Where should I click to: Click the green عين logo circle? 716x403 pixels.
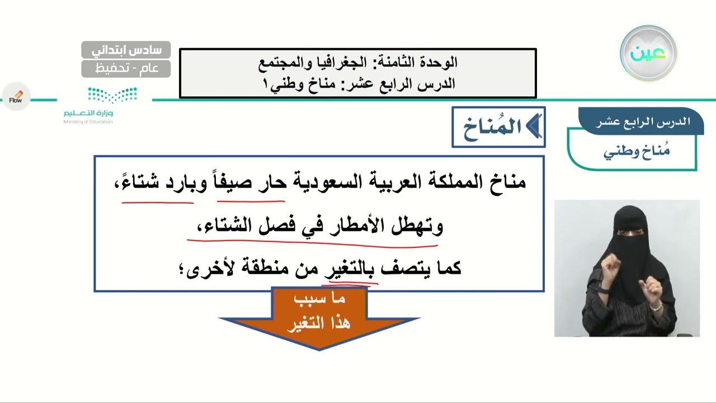tap(648, 53)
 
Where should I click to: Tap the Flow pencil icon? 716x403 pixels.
tap(16, 97)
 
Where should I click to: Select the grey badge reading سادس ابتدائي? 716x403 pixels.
tap(126, 50)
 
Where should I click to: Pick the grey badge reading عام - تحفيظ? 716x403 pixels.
tap(126, 69)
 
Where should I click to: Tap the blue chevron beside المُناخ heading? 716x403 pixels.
tap(534, 127)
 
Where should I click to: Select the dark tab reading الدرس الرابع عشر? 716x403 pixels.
tap(641, 121)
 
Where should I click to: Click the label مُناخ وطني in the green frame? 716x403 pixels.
tap(637, 152)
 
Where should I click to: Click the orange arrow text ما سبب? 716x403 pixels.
tap(319, 299)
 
